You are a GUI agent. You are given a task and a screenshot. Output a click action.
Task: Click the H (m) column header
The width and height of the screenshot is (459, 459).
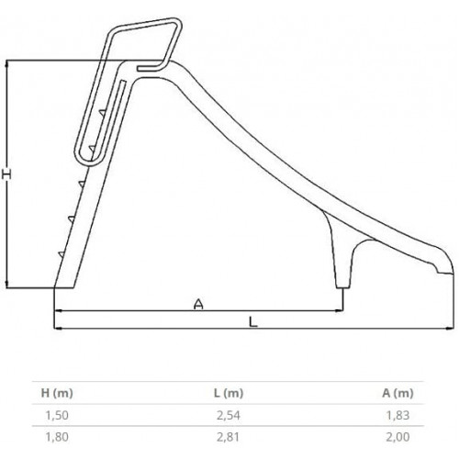pyautogui.click(x=57, y=393)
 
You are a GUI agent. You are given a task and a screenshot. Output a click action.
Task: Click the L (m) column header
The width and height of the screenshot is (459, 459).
pyautogui.click(x=229, y=393)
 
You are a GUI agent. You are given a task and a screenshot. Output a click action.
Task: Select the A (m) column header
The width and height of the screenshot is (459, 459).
pyautogui.click(x=397, y=393)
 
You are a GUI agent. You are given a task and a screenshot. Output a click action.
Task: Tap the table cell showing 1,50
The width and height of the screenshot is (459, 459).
pyautogui.click(x=57, y=415)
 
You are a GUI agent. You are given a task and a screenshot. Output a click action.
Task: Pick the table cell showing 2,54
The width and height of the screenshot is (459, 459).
pyautogui.click(x=229, y=415)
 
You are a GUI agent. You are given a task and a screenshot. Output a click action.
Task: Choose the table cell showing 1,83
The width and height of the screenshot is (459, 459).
pyautogui.click(x=397, y=415)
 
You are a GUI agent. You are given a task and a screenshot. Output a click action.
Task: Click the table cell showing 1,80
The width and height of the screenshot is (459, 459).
pyautogui.click(x=57, y=437)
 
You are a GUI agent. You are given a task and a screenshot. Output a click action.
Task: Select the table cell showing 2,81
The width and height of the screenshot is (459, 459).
pyautogui.click(x=229, y=437)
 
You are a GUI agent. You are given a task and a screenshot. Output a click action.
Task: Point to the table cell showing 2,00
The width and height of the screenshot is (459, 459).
pyautogui.click(x=397, y=437)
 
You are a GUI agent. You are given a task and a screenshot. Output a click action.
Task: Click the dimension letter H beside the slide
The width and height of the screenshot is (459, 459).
pyautogui.click(x=7, y=174)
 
